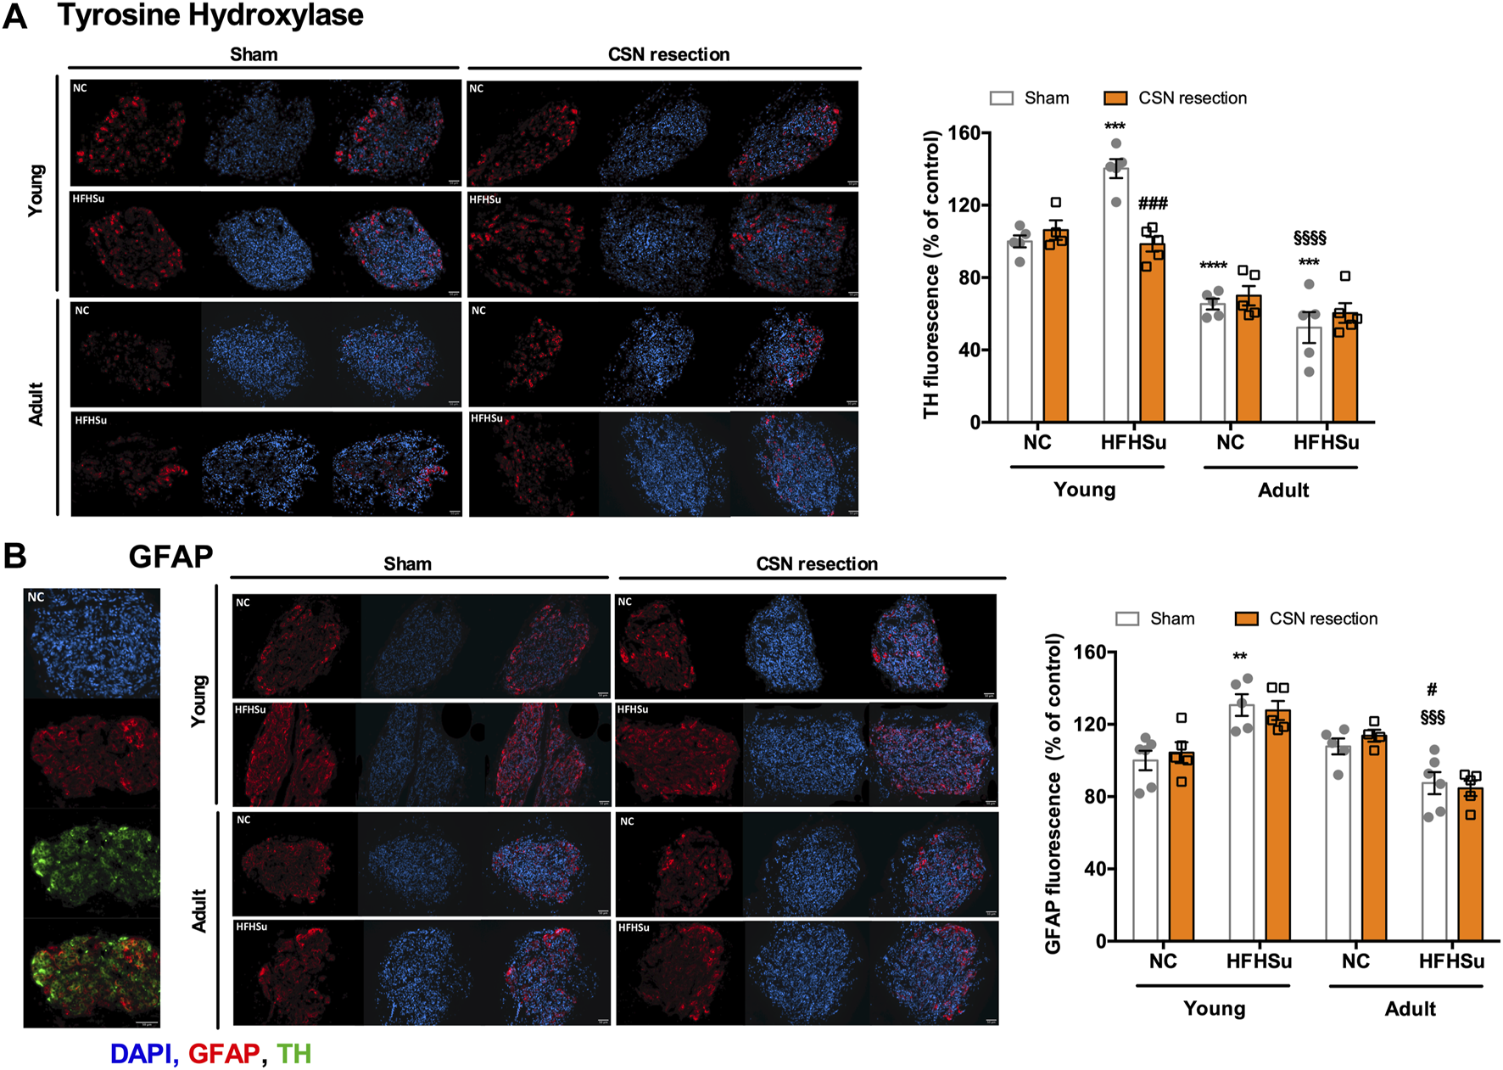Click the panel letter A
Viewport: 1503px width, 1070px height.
(x=15, y=17)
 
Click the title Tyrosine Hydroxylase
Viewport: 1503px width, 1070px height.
(x=210, y=15)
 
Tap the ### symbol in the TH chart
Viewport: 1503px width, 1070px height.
(x=1153, y=204)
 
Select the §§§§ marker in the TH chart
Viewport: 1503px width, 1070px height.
(x=1309, y=238)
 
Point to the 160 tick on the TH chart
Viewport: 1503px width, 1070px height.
(x=964, y=133)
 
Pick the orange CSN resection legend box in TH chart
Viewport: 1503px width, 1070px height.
(x=1115, y=98)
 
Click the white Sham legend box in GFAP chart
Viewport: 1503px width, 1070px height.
(x=1126, y=619)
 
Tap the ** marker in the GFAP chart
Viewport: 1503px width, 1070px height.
(x=1239, y=657)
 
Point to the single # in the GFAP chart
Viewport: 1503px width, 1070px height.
(x=1432, y=689)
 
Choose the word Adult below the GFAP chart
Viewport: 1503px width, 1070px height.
(x=1410, y=1009)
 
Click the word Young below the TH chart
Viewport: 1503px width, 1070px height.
(x=1084, y=490)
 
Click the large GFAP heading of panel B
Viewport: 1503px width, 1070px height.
(x=170, y=557)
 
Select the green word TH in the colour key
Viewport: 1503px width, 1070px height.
(x=293, y=1054)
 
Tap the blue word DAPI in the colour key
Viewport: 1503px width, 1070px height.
(x=141, y=1054)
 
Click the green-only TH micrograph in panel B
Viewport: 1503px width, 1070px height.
(x=92, y=863)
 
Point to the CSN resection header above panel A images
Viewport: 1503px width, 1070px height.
(x=668, y=54)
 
